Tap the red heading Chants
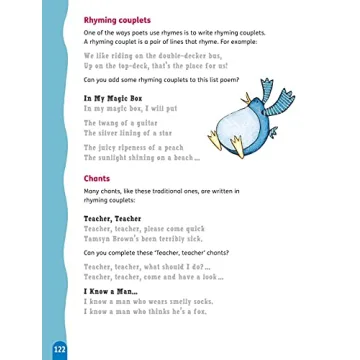96,179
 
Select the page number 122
59,349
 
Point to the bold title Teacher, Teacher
112,216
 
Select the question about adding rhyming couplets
154,80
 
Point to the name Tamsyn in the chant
96,236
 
